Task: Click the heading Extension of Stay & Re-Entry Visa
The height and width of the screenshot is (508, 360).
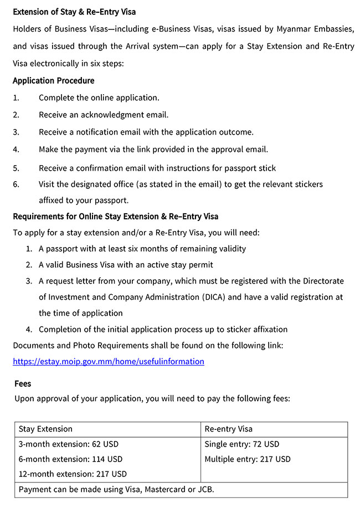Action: (x=74, y=11)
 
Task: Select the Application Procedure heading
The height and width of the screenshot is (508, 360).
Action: (x=54, y=80)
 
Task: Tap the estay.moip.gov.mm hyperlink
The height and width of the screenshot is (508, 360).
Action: (x=109, y=361)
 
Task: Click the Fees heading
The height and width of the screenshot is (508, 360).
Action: (x=23, y=383)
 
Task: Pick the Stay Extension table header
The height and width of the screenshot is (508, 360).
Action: (x=45, y=429)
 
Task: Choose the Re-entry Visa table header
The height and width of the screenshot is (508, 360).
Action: (x=228, y=429)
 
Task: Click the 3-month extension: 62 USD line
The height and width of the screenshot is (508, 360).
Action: (x=69, y=444)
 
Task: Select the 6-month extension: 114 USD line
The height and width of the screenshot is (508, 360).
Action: (x=70, y=459)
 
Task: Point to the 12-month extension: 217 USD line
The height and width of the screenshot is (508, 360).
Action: (x=73, y=474)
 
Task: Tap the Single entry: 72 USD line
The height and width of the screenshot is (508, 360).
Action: (x=242, y=444)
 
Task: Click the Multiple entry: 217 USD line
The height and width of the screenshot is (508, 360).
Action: (x=248, y=459)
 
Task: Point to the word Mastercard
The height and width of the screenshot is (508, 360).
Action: (x=165, y=489)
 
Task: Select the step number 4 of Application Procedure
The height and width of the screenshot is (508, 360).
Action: (x=16, y=149)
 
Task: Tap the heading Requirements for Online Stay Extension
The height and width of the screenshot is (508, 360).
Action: (x=115, y=215)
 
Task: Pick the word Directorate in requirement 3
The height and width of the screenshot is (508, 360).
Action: (x=321, y=281)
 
